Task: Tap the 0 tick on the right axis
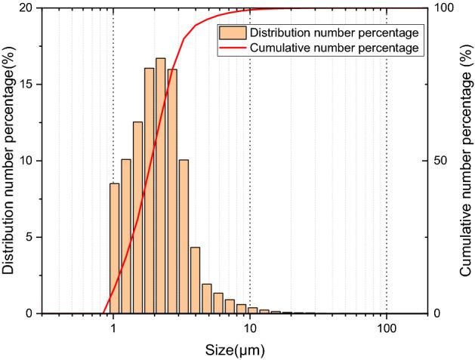[438, 313]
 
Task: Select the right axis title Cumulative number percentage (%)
[465, 161]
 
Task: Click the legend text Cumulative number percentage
[335, 48]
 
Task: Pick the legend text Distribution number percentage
[335, 33]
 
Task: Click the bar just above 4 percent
[195, 280]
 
